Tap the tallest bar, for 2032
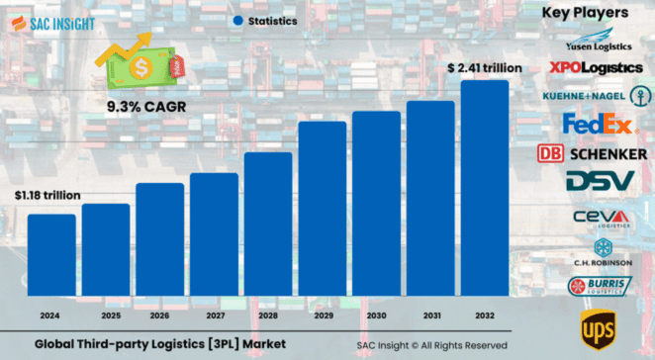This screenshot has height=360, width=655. coord(485,187)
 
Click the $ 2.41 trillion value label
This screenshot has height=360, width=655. coord(485,68)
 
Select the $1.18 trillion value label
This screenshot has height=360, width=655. coord(47,195)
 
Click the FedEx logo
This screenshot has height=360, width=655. coord(597,125)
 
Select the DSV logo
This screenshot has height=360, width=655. coord(599,182)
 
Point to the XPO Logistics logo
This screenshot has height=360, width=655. coord(596,67)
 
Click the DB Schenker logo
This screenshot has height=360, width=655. coord(592,153)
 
